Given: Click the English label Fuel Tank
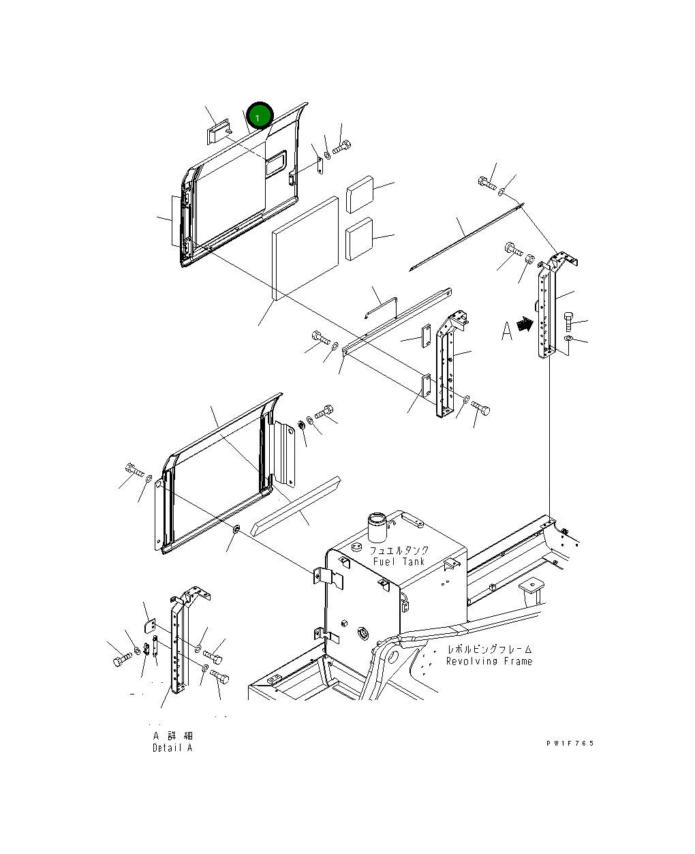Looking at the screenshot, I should pyautogui.click(x=399, y=562).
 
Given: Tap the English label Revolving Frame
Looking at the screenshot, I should pyautogui.click(x=489, y=661).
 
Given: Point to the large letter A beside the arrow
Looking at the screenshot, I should pyautogui.click(x=506, y=331).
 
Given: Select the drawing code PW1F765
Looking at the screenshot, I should pyautogui.click(x=570, y=743).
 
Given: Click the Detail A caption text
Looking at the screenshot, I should pyautogui.click(x=172, y=748).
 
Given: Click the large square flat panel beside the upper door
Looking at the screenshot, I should pyautogui.click(x=305, y=248).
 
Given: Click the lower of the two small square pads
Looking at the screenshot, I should pyautogui.click(x=359, y=239).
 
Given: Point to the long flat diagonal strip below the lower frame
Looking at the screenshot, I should pyautogui.click(x=295, y=507).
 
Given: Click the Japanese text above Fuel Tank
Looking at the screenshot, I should pyautogui.click(x=399, y=550).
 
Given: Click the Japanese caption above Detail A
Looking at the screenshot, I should pyautogui.click(x=172, y=736).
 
